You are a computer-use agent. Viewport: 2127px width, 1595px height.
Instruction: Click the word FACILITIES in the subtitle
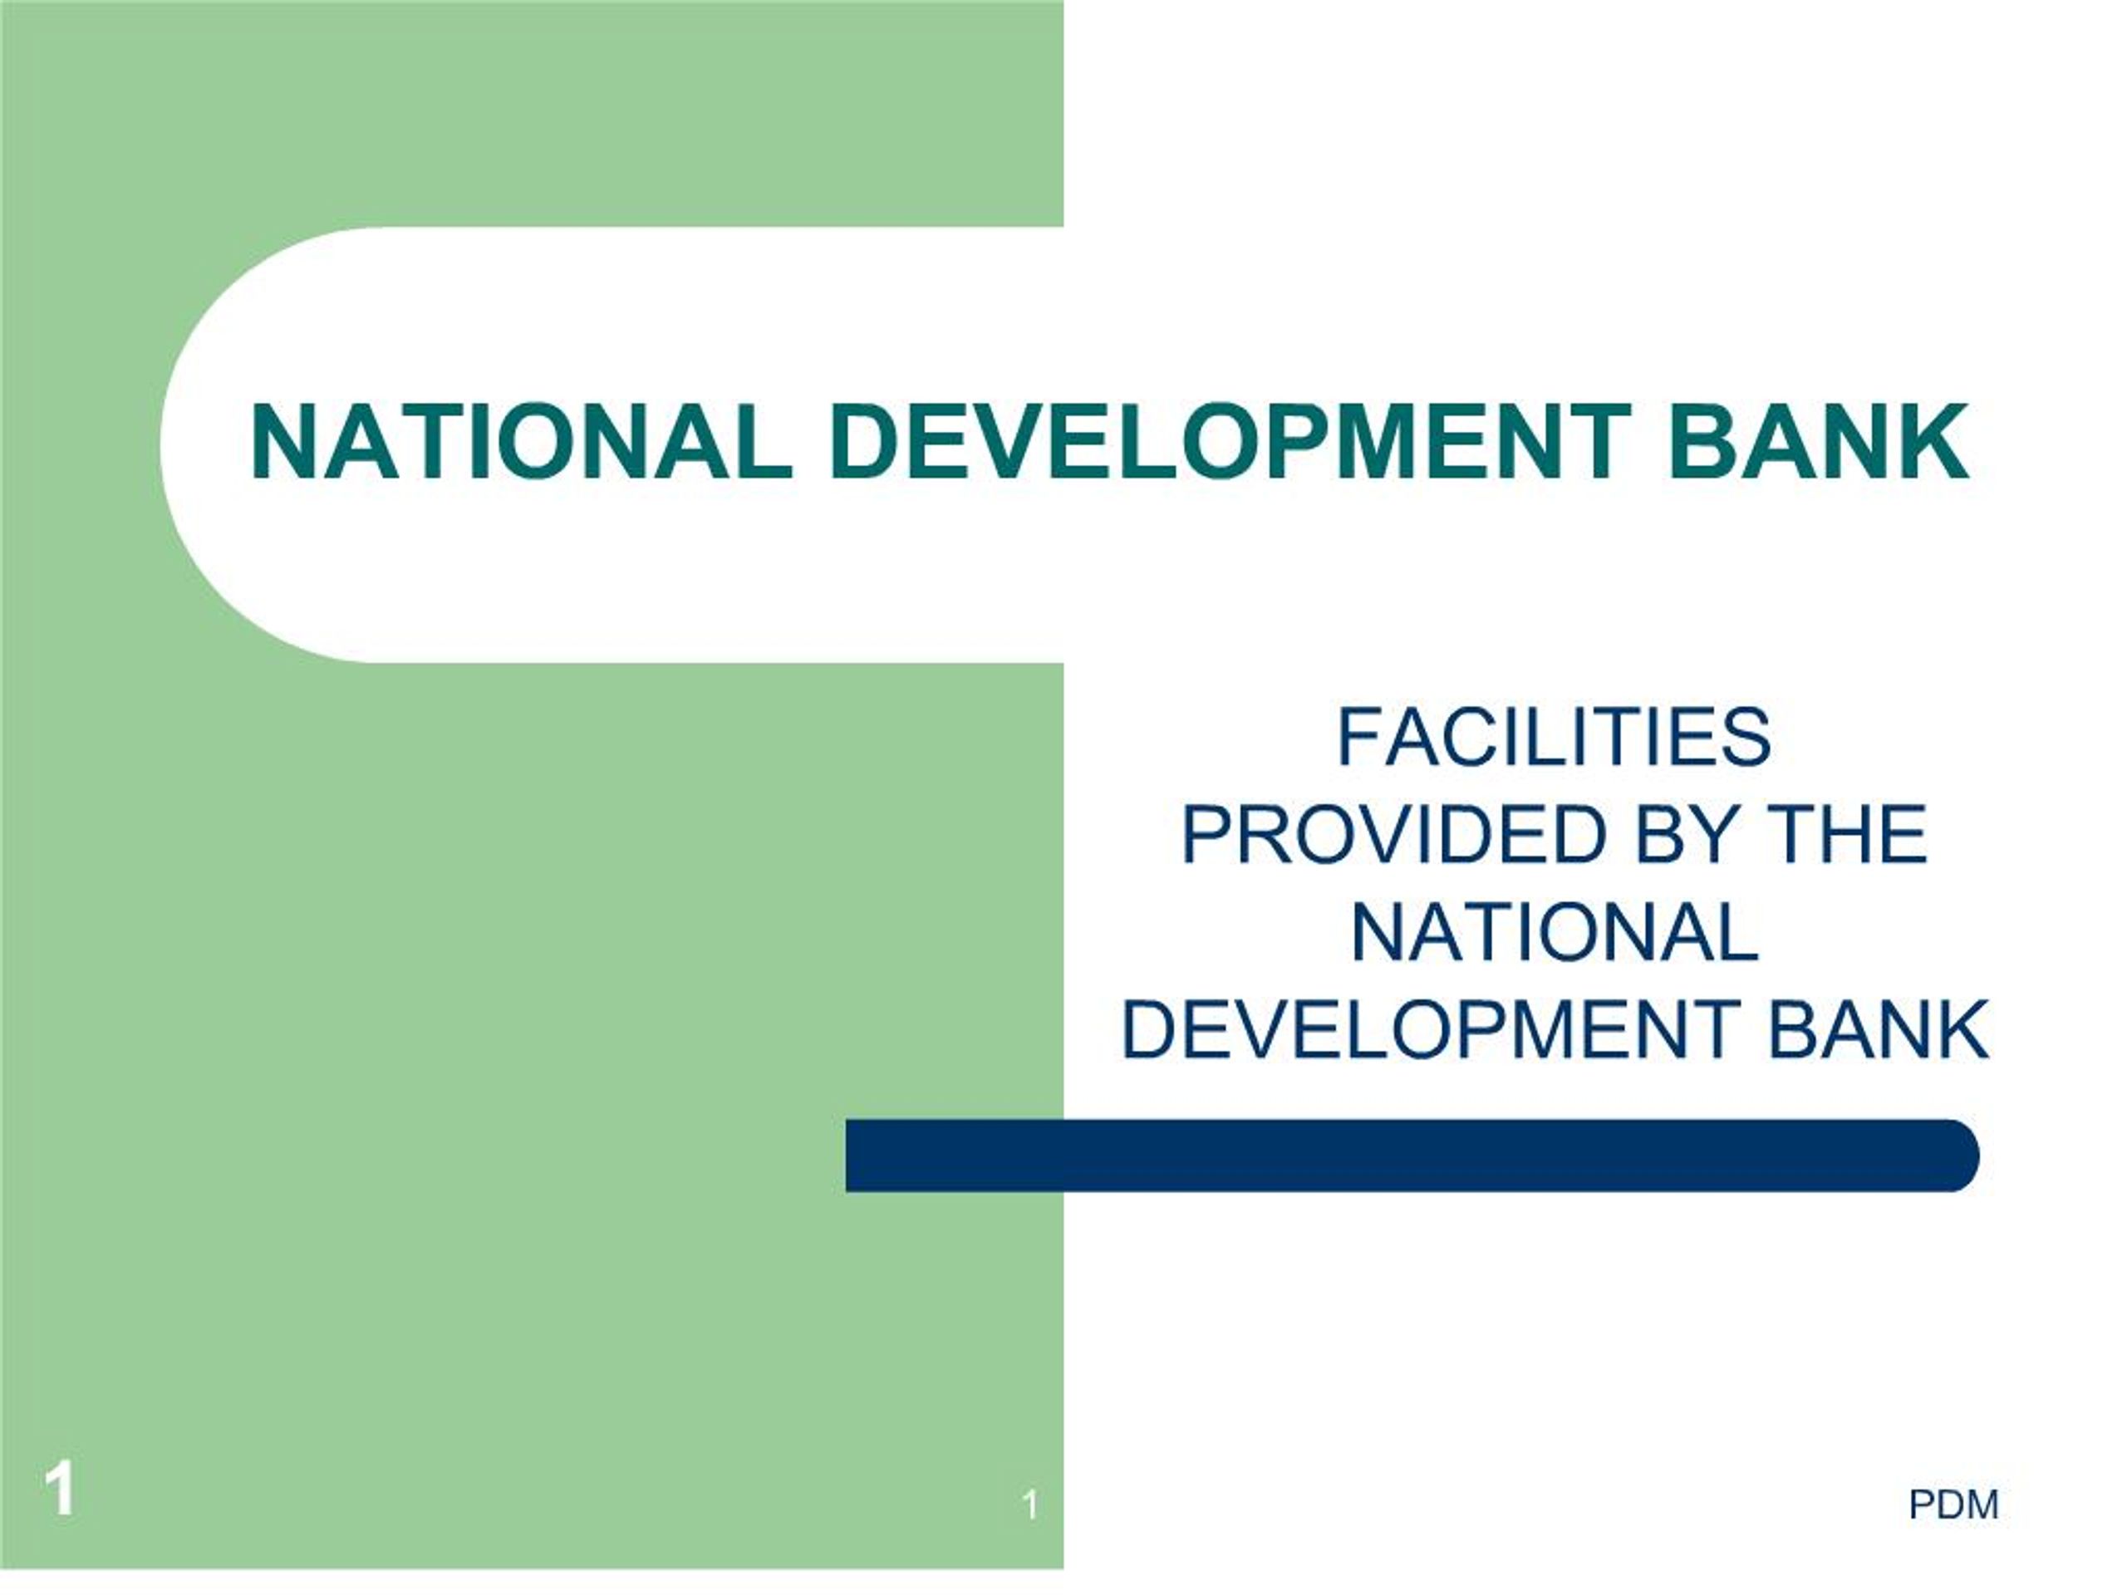click(1553, 738)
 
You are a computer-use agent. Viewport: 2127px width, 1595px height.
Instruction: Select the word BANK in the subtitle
click(1878, 1031)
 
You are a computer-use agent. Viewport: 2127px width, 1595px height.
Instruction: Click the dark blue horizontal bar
click(1412, 1156)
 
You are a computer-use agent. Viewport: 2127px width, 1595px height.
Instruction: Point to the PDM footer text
click(1954, 1504)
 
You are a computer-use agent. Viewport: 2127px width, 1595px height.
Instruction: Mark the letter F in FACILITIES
click(1361, 738)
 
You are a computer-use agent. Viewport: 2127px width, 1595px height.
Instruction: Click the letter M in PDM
click(1982, 1504)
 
